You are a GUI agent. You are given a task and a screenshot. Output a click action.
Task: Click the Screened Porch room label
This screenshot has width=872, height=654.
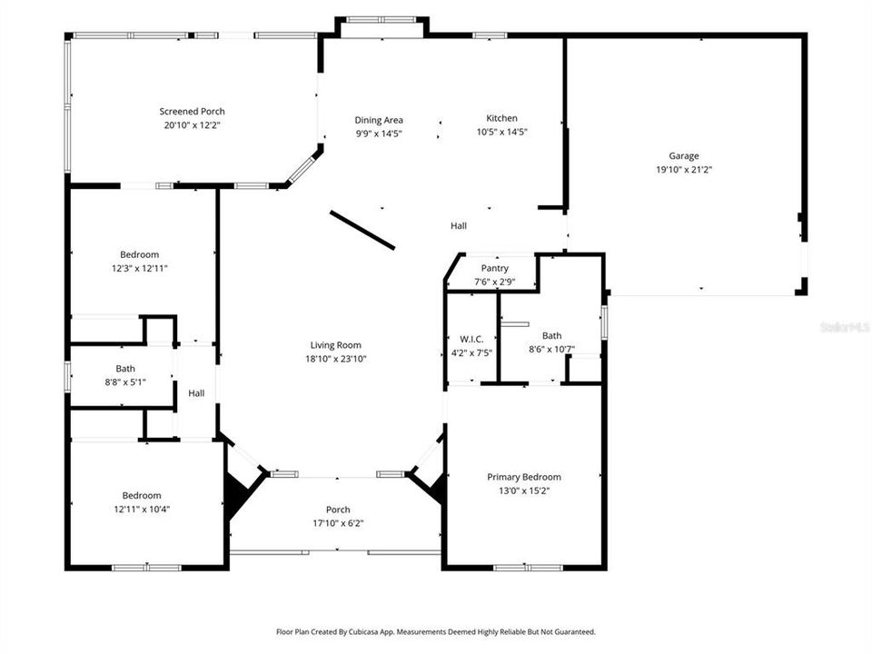(x=192, y=112)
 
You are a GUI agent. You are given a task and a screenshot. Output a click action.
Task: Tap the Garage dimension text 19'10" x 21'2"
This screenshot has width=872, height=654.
(x=684, y=169)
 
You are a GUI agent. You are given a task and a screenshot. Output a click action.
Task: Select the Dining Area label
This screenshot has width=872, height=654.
(x=379, y=120)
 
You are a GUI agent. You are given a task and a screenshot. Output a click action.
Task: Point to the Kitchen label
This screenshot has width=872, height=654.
(x=501, y=118)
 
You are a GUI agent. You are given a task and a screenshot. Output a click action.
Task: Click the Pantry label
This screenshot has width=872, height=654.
(x=495, y=269)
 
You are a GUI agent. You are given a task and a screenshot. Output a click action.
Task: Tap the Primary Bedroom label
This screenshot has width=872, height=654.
(x=523, y=477)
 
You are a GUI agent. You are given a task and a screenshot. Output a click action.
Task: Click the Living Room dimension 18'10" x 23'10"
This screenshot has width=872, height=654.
(x=336, y=358)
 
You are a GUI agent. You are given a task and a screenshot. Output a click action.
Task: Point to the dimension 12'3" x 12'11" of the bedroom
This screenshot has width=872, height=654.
(x=140, y=268)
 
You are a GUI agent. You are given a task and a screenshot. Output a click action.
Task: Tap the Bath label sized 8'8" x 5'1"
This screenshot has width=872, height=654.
(x=125, y=369)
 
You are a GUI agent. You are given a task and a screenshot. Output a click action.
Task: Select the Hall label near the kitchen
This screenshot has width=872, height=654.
(x=459, y=226)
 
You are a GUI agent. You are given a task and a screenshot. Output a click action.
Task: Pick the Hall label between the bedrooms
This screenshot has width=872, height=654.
(x=196, y=393)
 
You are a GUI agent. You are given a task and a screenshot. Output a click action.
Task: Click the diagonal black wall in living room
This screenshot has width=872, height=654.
(x=362, y=230)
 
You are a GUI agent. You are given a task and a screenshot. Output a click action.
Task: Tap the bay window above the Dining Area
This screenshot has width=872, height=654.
(x=380, y=19)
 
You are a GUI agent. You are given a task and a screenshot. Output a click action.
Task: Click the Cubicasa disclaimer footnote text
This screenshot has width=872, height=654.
(x=435, y=631)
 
